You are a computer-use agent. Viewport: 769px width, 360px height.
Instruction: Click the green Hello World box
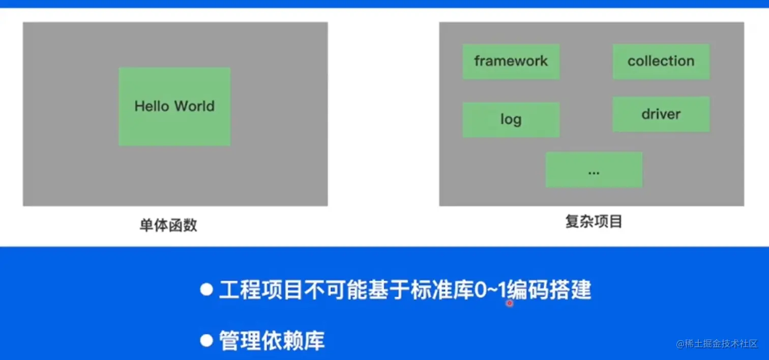pos(174,107)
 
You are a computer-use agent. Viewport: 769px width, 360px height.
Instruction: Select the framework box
pos(511,62)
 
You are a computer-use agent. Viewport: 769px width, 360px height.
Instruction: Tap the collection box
pos(661,62)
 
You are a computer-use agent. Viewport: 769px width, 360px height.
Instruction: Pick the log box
pos(511,119)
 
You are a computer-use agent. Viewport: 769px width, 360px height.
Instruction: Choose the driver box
pos(661,114)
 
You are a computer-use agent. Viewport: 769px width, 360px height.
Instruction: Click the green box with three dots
pos(594,170)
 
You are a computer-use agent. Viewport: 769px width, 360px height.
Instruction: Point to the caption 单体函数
pos(168,225)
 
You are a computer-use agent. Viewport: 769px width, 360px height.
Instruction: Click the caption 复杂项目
pos(594,222)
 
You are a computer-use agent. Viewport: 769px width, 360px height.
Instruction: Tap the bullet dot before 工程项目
pos(206,290)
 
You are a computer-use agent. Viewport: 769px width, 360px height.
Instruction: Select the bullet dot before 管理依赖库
pos(206,340)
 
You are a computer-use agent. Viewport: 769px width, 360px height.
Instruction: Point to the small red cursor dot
pos(509,303)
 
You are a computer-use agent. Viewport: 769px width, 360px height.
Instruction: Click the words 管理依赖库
pos(272,341)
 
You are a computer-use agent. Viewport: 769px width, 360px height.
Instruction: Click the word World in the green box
pos(194,107)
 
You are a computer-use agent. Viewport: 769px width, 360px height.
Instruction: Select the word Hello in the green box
pos(152,107)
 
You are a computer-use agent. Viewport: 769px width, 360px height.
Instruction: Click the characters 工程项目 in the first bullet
pos(261,290)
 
